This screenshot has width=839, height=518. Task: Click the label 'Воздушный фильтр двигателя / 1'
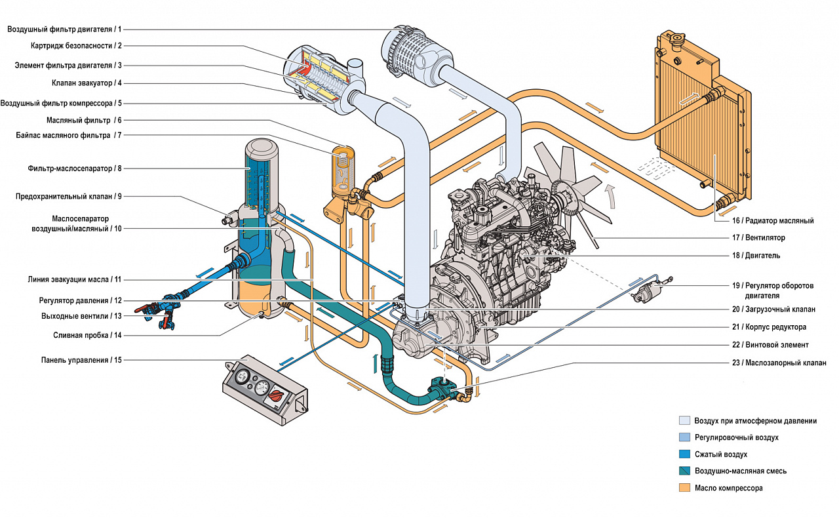click(x=64, y=29)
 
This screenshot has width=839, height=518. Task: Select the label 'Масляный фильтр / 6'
click(x=84, y=120)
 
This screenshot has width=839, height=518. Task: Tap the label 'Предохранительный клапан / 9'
click(x=69, y=196)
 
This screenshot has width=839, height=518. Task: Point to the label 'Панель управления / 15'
click(x=81, y=360)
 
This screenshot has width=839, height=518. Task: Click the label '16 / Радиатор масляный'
click(x=773, y=221)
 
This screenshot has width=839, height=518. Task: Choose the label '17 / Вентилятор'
click(x=758, y=237)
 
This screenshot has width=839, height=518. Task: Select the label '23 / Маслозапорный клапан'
click(x=779, y=363)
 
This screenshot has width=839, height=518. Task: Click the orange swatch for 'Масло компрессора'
click(x=684, y=488)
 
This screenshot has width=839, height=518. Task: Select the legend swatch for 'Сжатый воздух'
click(x=684, y=454)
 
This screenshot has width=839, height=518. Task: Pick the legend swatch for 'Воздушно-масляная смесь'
click(x=684, y=471)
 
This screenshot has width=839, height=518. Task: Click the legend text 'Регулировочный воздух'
click(x=737, y=437)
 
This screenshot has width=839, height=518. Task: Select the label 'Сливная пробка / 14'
click(x=87, y=335)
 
